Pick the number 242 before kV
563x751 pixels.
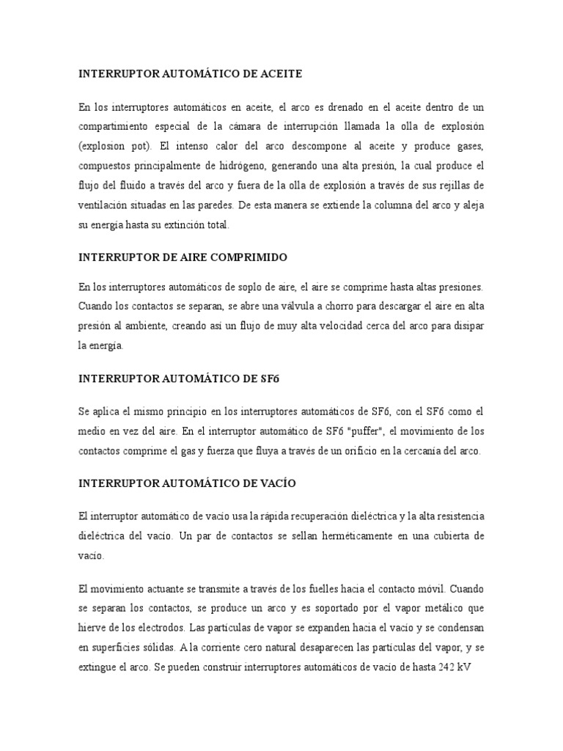click(x=446, y=669)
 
